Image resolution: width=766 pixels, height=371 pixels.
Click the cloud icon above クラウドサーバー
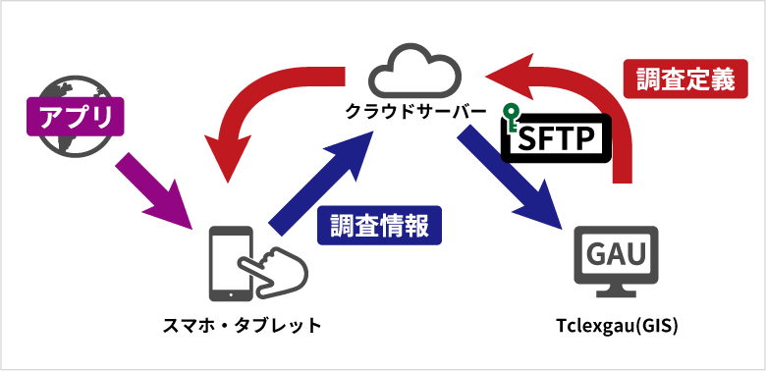pyautogui.click(x=413, y=70)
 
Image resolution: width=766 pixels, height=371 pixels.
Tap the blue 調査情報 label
pyautogui.click(x=379, y=225)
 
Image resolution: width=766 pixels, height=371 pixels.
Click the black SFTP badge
pyautogui.click(x=556, y=138)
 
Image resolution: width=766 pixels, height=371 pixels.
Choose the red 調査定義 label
pyautogui.click(x=685, y=80)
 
